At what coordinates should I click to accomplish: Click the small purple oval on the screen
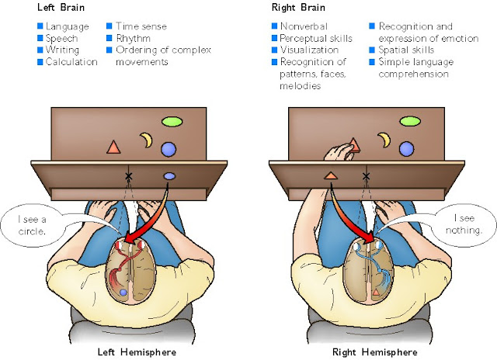pos(169,177)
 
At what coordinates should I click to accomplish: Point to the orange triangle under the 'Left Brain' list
pos(113,147)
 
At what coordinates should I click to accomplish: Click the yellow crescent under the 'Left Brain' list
pos(145,140)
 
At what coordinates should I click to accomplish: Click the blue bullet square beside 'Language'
pos(41,26)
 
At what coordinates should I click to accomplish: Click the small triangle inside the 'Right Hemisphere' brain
pos(376,292)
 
